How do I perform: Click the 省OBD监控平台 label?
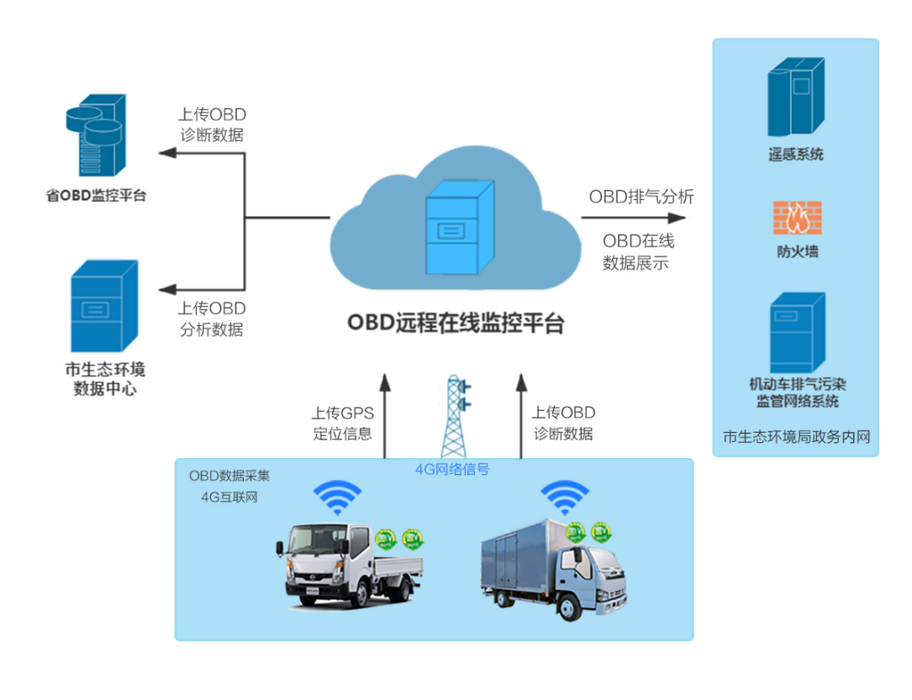click(x=96, y=196)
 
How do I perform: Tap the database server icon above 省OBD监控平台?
click(x=96, y=137)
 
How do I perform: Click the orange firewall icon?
click(x=797, y=218)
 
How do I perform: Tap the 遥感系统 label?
click(x=796, y=154)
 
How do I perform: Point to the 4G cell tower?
click(x=454, y=416)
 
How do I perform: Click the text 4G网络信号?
click(x=452, y=470)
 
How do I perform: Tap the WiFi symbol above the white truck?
click(x=338, y=497)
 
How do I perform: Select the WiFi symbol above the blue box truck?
click(x=565, y=497)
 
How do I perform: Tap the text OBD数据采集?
click(x=229, y=476)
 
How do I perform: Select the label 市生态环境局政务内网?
click(x=795, y=437)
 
